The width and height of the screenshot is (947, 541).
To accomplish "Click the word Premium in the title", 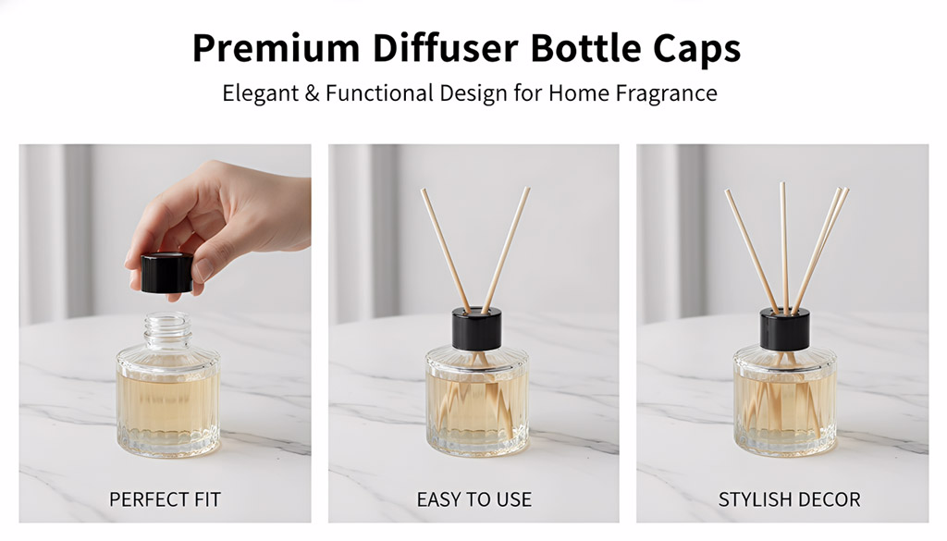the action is (x=276, y=48).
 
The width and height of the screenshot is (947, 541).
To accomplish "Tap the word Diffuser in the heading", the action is (x=445, y=47).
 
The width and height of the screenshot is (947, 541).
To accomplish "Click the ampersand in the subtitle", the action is (x=313, y=93).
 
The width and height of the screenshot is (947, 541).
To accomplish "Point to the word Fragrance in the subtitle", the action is (x=666, y=93).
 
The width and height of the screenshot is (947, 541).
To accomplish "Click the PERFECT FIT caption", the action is (x=165, y=499).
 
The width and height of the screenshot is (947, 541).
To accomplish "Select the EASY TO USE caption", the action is (x=474, y=499).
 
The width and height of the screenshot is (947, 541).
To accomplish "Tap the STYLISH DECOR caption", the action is (x=790, y=499).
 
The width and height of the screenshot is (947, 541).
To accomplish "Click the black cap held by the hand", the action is (x=167, y=274).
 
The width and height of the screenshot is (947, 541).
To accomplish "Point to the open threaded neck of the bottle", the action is (x=167, y=330).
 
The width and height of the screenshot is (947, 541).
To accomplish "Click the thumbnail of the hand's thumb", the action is (x=204, y=269).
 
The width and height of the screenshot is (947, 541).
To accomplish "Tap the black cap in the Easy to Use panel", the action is (x=477, y=328).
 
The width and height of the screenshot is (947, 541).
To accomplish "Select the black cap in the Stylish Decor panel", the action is (x=784, y=329).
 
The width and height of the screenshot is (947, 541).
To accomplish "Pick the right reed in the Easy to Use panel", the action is (x=506, y=250).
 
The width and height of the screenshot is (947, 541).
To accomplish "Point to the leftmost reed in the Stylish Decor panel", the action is (x=751, y=252).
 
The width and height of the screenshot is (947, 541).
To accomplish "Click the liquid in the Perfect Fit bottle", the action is (x=167, y=403).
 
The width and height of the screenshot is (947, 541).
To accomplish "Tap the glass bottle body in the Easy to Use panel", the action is (x=477, y=401).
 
